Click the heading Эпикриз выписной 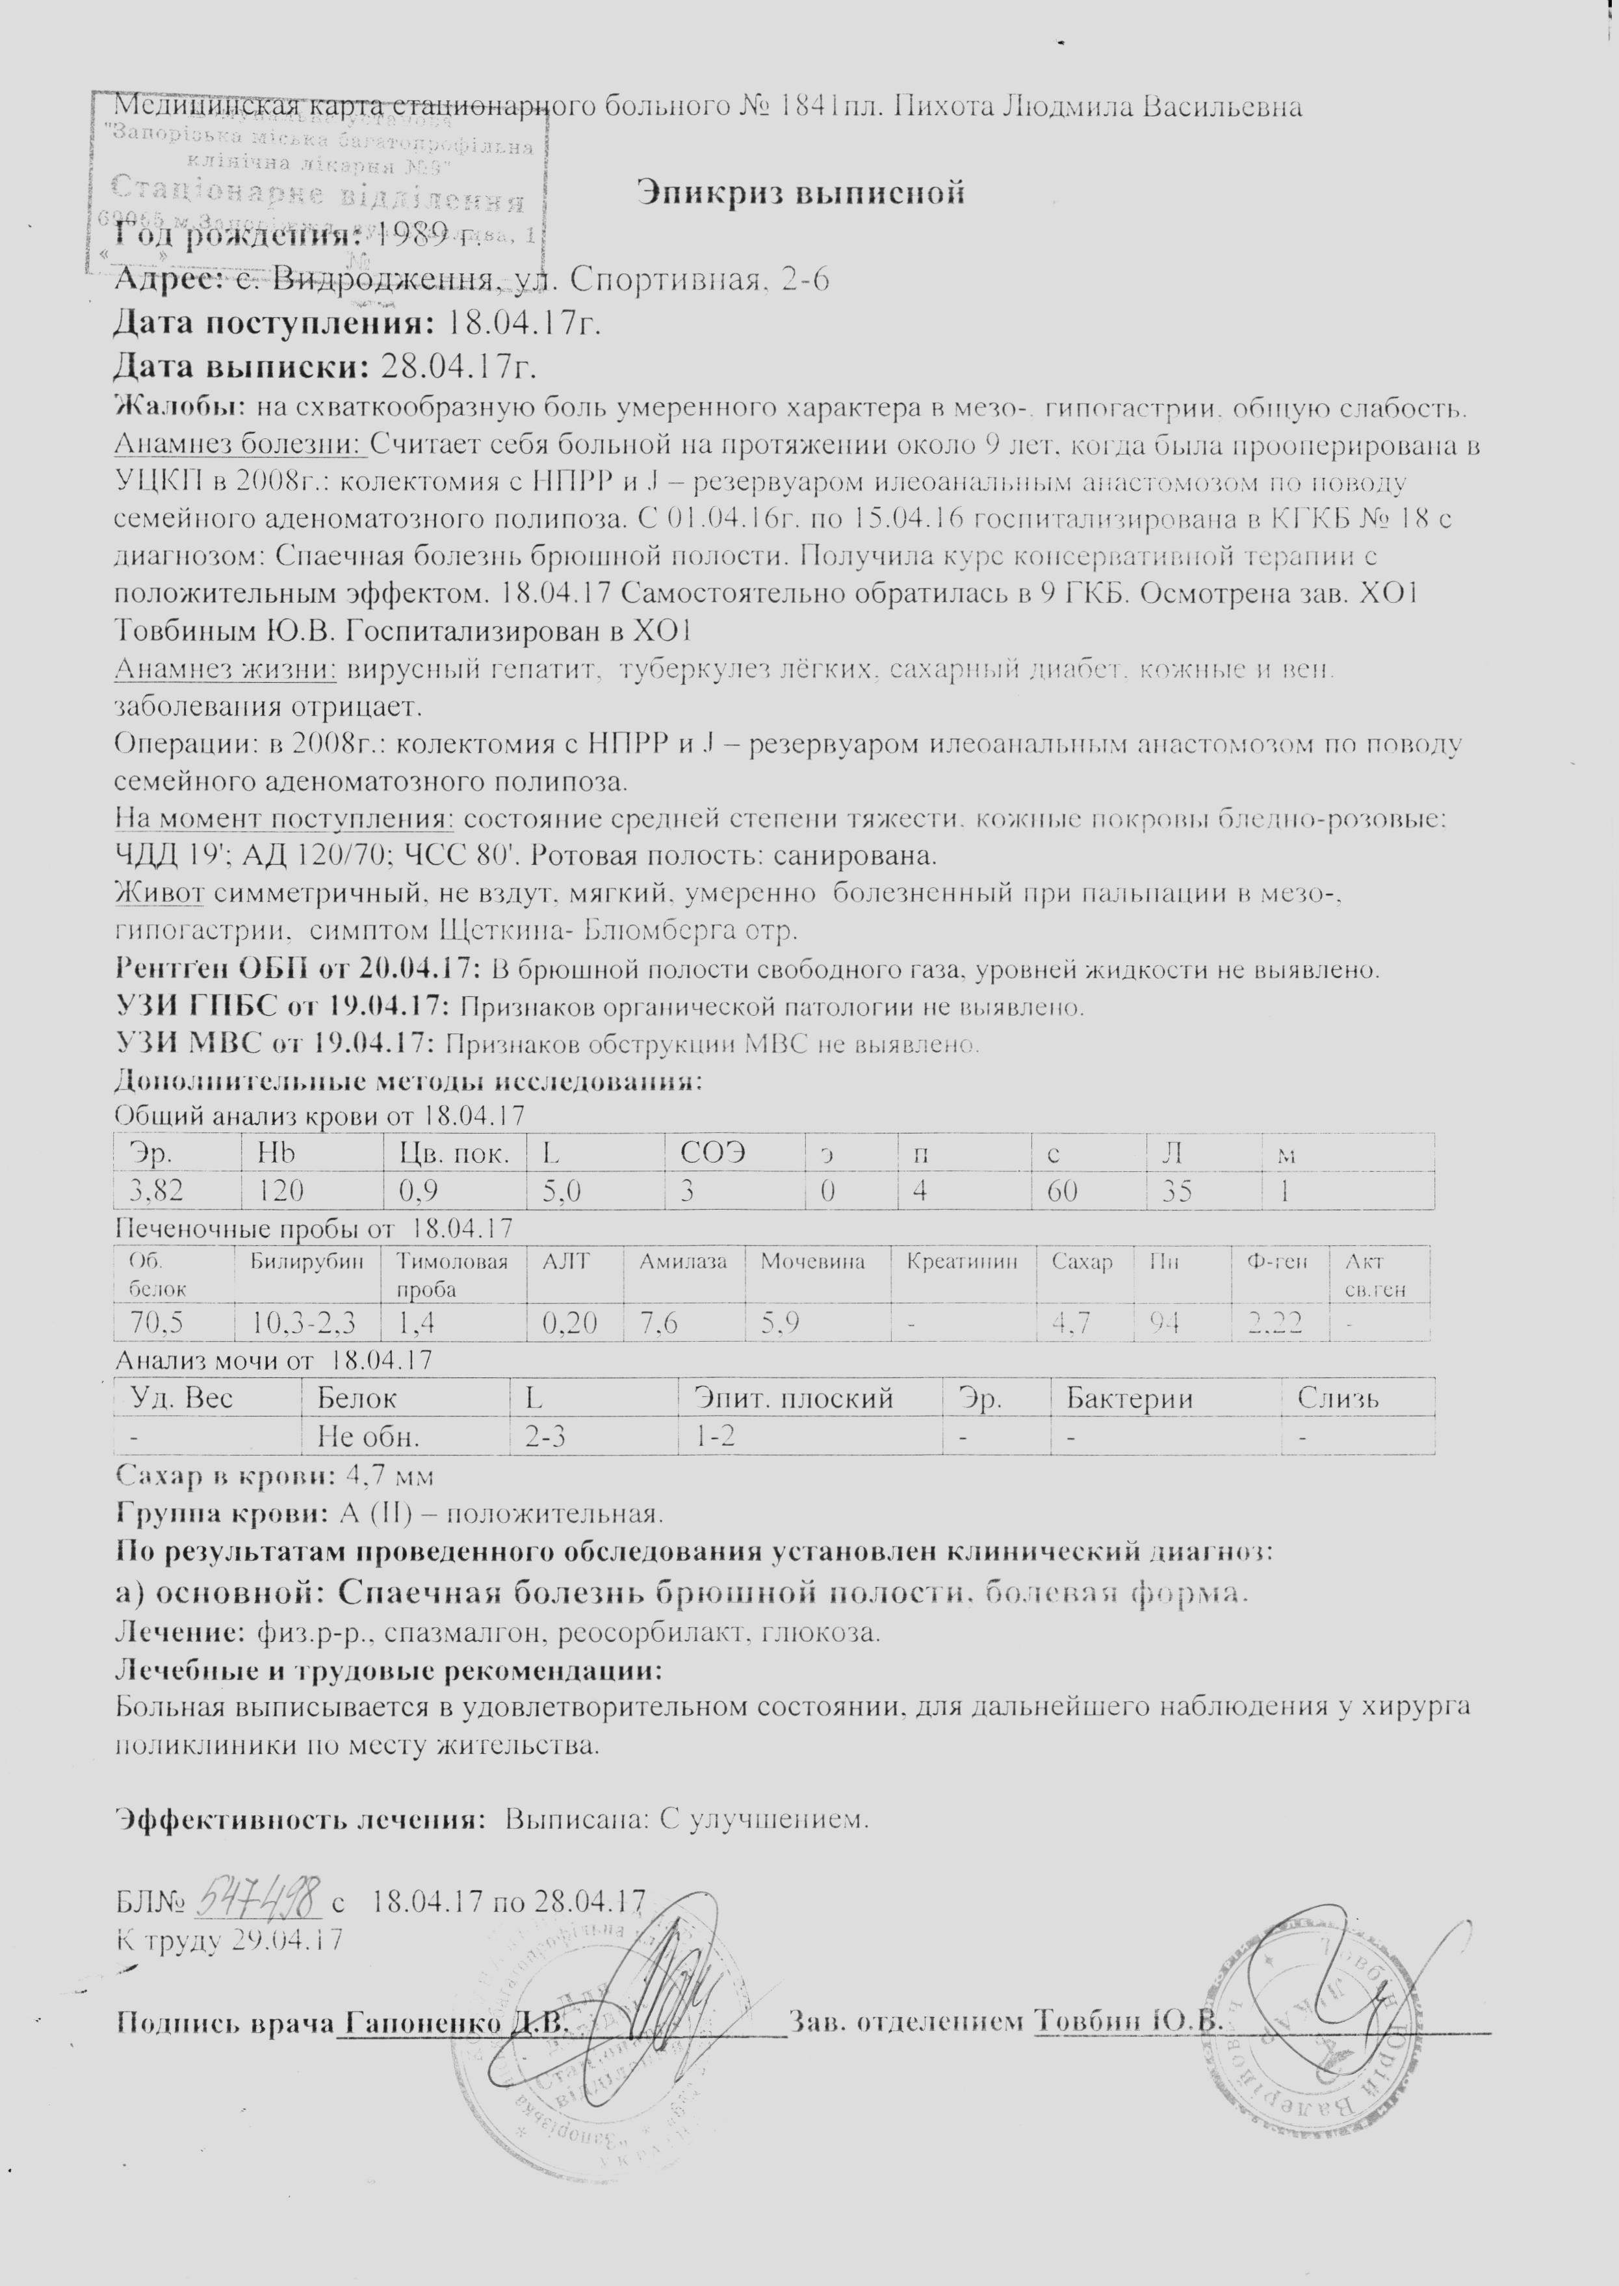(x=801, y=191)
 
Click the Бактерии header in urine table (x=1130, y=1398)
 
